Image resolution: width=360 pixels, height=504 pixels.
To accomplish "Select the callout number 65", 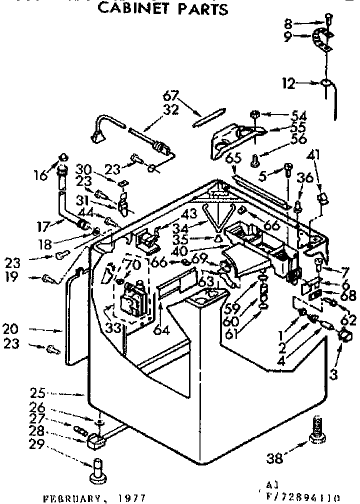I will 233,158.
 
